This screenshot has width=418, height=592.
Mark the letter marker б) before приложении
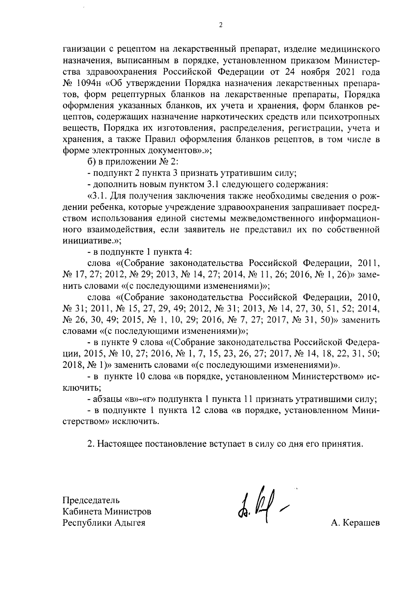(91, 161)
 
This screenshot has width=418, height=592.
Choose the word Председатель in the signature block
(91, 500)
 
